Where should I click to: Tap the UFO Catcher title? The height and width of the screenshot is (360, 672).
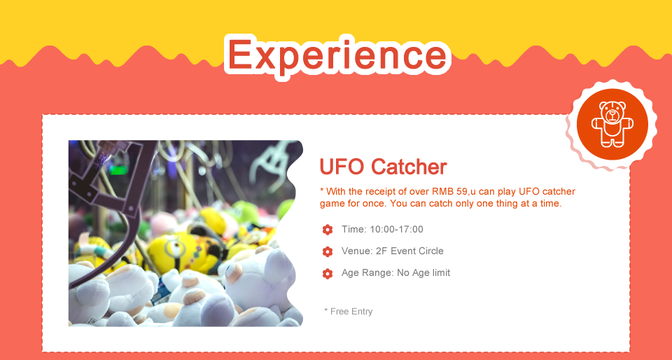(x=383, y=167)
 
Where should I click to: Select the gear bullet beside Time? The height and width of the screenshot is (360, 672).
(x=328, y=230)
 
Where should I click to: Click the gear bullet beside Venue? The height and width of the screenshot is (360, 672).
(x=328, y=251)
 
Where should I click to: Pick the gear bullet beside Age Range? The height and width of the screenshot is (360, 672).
(x=328, y=273)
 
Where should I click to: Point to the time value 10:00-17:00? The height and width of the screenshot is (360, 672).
(x=396, y=229)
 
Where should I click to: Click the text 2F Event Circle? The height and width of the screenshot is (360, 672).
(x=409, y=251)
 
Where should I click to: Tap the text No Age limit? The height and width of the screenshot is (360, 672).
(x=423, y=272)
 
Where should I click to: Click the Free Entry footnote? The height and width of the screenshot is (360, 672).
(x=349, y=312)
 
